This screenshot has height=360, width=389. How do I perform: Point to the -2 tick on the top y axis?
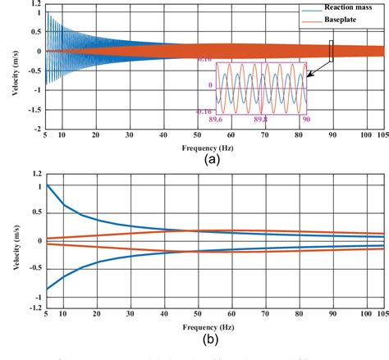pyautogui.click(x=36, y=129)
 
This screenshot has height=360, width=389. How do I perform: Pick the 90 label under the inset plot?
pyautogui.click(x=304, y=119)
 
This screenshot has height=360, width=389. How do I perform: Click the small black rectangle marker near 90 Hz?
pyautogui.click(x=332, y=51)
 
